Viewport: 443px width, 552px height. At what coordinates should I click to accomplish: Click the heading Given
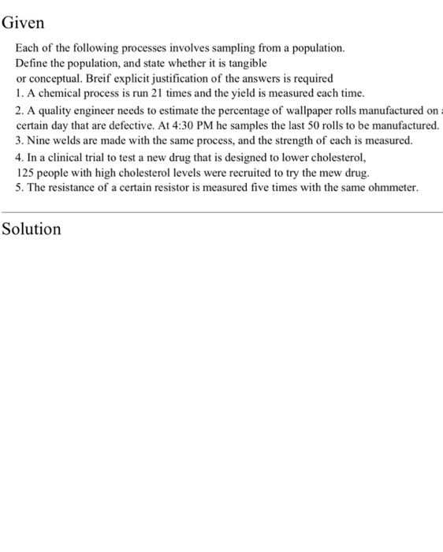pyautogui.click(x=23, y=23)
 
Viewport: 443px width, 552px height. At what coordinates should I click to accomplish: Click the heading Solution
pyautogui.click(x=31, y=229)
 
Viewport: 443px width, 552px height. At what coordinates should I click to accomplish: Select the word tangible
pyautogui.click(x=248, y=62)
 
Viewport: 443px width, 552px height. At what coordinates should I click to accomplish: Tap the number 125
pyautogui.click(x=26, y=172)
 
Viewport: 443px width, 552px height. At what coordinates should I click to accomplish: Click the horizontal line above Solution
pyautogui.click(x=221, y=211)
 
